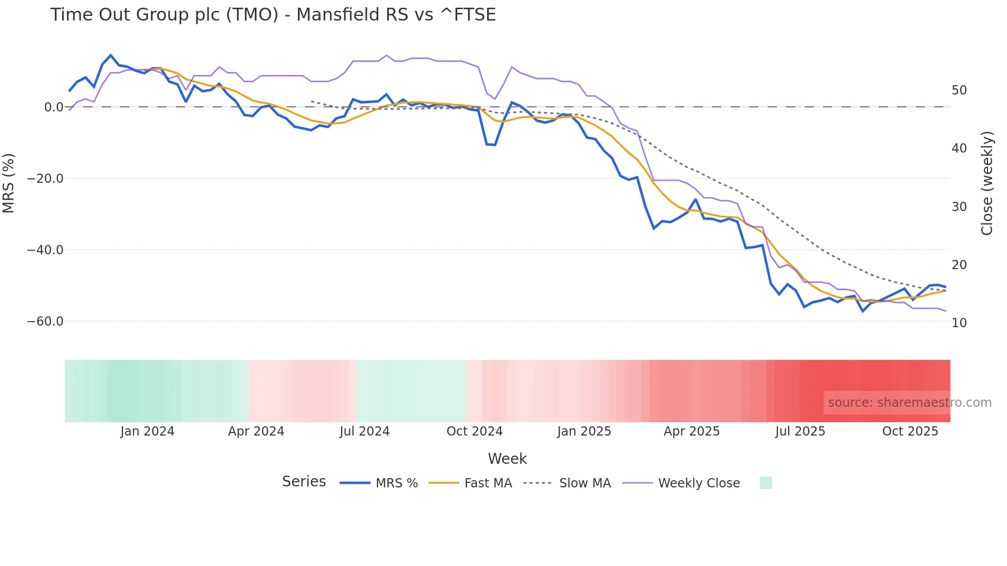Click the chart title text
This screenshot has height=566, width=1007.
[273, 15]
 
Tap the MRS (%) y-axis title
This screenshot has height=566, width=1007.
[9, 183]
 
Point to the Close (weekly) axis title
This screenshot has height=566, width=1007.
[987, 183]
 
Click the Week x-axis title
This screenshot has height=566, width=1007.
[507, 459]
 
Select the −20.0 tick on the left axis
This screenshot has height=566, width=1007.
[45, 179]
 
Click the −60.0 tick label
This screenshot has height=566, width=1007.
[45, 322]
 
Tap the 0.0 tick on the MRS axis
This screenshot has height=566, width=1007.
[53, 107]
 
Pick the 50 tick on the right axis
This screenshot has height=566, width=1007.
[959, 90]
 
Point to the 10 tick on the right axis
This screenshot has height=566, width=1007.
[959, 323]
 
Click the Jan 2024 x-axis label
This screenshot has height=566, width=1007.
[147, 431]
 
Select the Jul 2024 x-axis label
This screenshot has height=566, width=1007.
[365, 431]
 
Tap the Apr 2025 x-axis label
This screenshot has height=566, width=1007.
[692, 431]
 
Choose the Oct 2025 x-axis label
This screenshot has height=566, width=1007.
[910, 431]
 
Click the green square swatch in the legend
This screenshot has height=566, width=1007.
[766, 483]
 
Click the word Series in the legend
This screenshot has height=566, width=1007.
[304, 482]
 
